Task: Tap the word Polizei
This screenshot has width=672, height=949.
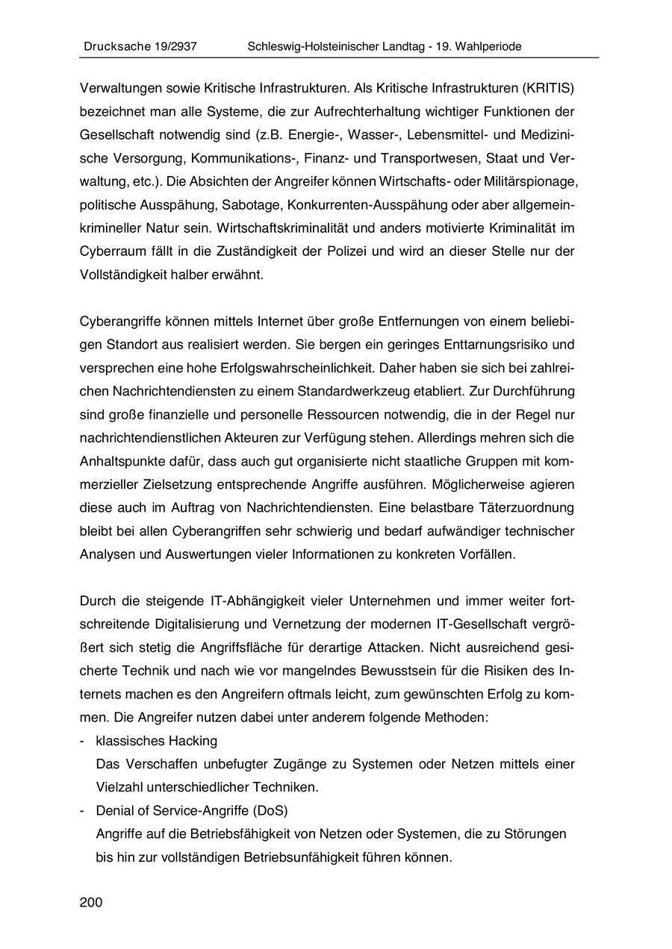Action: click(344, 251)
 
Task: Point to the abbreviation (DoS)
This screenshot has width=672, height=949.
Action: click(270, 811)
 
